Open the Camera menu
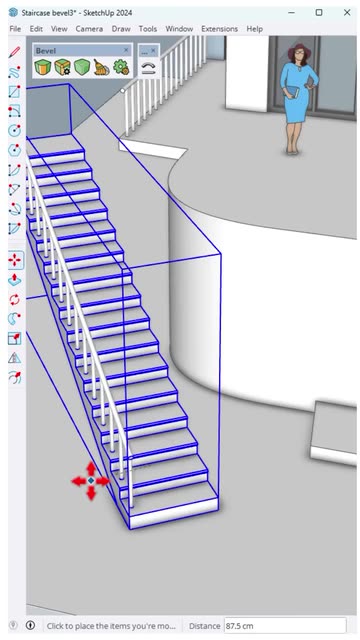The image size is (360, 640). (x=89, y=29)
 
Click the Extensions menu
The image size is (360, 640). (x=219, y=29)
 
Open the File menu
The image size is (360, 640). (x=15, y=29)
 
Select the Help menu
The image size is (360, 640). (x=254, y=29)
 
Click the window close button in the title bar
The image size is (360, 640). (x=347, y=13)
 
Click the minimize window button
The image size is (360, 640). (x=291, y=13)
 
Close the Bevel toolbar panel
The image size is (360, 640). (x=126, y=50)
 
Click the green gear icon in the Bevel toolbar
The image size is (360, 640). (x=121, y=67)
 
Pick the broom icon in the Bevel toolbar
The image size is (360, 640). (x=101, y=67)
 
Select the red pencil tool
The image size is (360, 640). (x=15, y=53)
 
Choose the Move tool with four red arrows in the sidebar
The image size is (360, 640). (x=15, y=260)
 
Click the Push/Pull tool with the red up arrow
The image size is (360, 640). (x=15, y=280)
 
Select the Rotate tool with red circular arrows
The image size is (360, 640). (x=15, y=300)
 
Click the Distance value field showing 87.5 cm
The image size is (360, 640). (x=285, y=626)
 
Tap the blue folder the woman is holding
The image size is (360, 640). (x=292, y=92)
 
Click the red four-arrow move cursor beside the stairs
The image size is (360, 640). (x=91, y=481)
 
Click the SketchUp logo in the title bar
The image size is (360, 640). (x=14, y=13)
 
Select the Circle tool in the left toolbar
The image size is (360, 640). (x=15, y=131)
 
